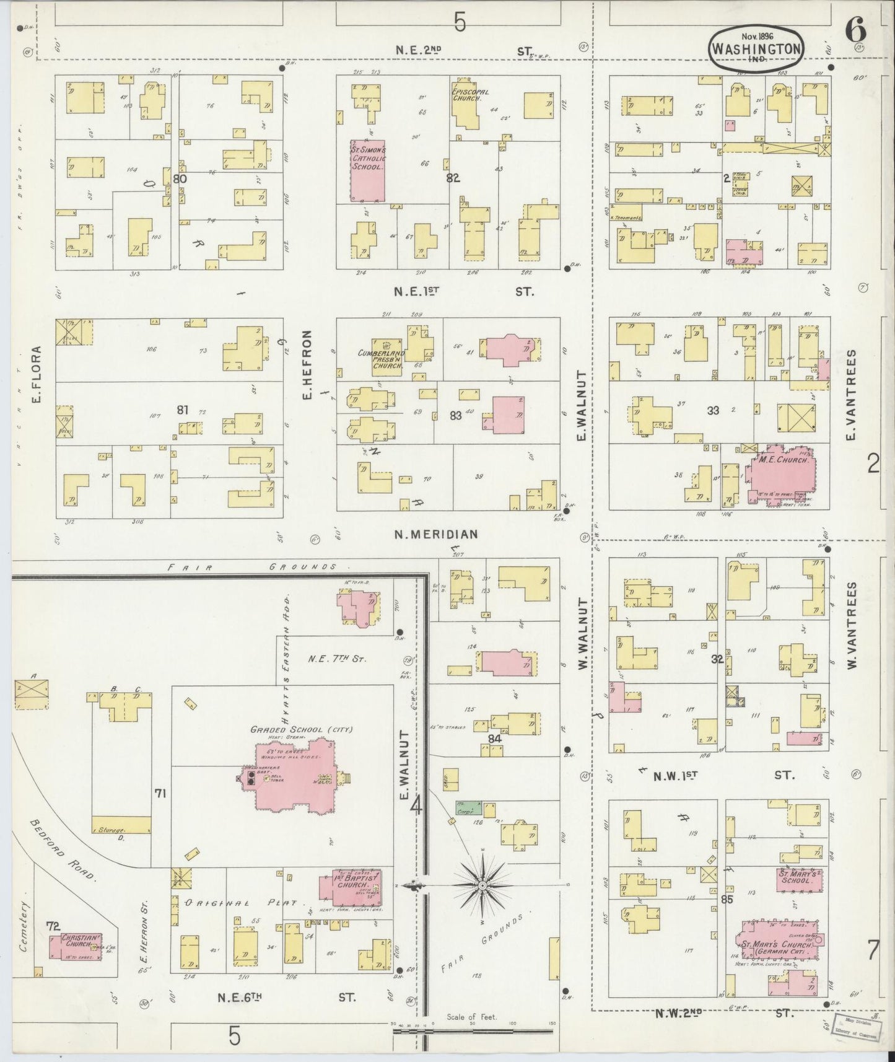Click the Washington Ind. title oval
click(756, 48)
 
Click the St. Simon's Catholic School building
click(368, 170)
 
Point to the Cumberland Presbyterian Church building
click(388, 356)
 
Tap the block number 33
click(713, 410)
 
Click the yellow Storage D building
click(121, 824)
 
